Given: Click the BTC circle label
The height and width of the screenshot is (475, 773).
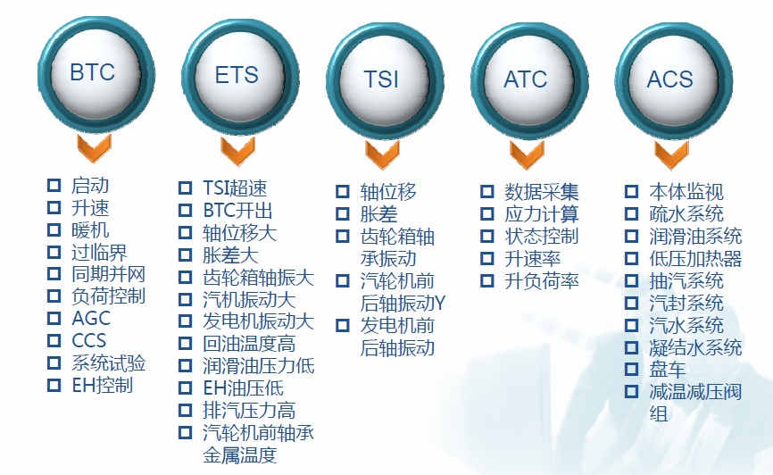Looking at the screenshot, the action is [93, 72].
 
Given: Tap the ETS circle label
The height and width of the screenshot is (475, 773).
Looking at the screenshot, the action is [237, 75].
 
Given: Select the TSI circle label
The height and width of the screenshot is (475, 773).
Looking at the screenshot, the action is [381, 79].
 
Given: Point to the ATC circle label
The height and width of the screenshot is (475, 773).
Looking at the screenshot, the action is [526, 79].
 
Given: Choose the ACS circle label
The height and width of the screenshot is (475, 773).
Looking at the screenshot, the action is [670, 79].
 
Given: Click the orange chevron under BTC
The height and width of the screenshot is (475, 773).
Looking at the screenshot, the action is [94, 148].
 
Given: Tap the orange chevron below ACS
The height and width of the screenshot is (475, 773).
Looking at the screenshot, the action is [671, 154].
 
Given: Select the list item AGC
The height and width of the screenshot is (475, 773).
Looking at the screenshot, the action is [91, 319].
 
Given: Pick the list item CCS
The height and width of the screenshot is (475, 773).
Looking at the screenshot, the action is [88, 341].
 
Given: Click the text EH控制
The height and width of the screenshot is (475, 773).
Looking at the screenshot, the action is [102, 385].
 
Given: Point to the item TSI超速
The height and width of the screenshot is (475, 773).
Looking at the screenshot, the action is [235, 187].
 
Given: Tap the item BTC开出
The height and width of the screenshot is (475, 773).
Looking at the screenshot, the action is [237, 211].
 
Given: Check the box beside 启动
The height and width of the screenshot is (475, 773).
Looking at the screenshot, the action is [54, 186].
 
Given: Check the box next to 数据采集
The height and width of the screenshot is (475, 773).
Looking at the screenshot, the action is [487, 191].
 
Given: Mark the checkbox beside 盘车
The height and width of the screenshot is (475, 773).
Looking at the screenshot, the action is [631, 369].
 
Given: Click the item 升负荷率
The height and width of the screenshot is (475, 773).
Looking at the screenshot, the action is [541, 281].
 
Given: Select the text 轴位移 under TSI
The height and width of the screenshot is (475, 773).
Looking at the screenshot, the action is [388, 192].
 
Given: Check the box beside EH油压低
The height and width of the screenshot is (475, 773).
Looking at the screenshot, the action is [185, 387].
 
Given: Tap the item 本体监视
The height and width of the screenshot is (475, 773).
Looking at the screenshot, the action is [686, 191].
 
